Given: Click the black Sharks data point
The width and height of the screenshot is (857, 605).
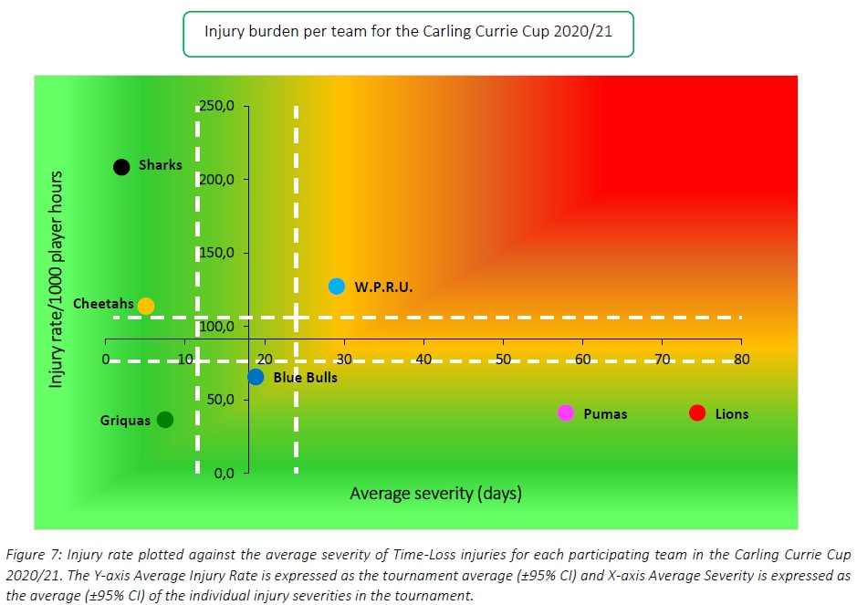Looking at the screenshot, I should [x=121, y=166].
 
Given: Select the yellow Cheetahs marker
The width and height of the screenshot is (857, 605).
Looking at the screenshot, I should [x=146, y=306].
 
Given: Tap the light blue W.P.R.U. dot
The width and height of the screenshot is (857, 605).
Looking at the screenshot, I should [x=337, y=286].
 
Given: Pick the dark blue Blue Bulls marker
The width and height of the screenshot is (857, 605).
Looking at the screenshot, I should [x=256, y=376].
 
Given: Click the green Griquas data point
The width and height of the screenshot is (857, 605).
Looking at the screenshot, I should [x=165, y=419].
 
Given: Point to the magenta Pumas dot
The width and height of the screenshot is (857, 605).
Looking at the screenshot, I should [x=566, y=412].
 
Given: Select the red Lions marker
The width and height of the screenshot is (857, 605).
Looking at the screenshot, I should [x=698, y=412].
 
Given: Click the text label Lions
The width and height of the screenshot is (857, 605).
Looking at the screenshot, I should [x=732, y=413].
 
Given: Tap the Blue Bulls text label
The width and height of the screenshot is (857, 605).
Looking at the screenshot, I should [x=306, y=377].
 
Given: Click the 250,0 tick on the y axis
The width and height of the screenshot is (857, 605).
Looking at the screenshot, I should [x=217, y=106].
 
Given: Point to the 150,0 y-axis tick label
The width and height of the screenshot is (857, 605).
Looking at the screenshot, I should [x=217, y=253].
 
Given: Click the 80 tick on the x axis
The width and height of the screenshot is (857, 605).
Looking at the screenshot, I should [x=741, y=360].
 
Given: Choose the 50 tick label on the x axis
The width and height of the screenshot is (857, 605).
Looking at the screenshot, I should [x=503, y=360].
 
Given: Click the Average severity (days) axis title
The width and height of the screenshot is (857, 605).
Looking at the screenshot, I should [x=435, y=494].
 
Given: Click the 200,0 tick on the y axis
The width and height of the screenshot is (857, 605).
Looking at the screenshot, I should [x=217, y=179].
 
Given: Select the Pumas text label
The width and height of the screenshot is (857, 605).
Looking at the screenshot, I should [x=605, y=413].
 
